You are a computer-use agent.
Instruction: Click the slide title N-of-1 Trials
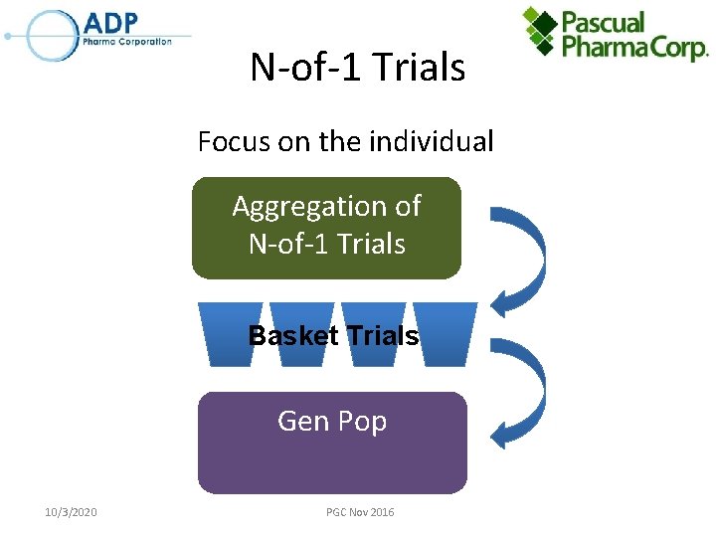[x=357, y=68]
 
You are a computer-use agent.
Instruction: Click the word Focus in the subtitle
[x=235, y=142]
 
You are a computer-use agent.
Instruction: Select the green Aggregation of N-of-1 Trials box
[x=326, y=228]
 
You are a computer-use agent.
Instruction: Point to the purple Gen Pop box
[x=332, y=444]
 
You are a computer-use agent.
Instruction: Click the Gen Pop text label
[x=332, y=421]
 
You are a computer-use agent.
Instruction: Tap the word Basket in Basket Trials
[x=292, y=336]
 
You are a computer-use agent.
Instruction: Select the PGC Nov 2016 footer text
[x=359, y=512]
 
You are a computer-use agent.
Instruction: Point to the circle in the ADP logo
[x=52, y=35]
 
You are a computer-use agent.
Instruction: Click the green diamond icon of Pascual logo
[x=541, y=30]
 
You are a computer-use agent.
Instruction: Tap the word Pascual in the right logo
[x=604, y=22]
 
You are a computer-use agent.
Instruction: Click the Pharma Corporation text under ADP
[x=128, y=42]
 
